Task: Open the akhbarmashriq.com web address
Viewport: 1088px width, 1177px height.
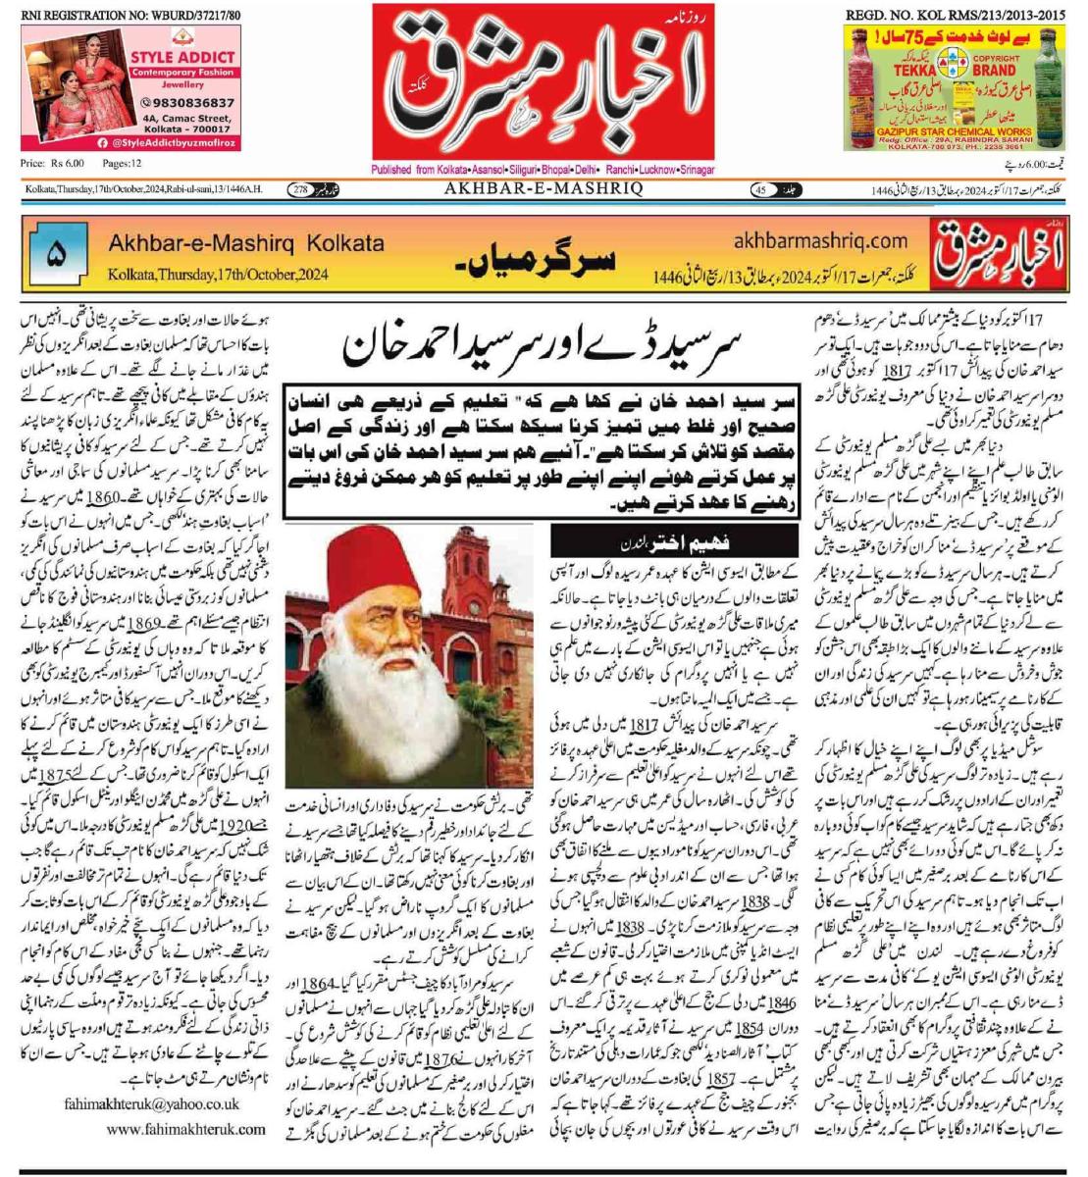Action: (x=820, y=240)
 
